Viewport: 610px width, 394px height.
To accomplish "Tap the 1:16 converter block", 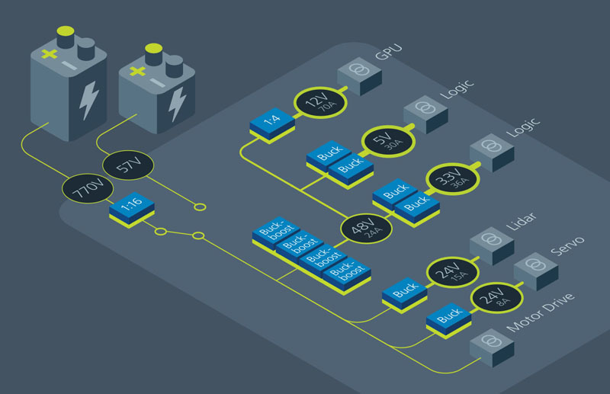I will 132,206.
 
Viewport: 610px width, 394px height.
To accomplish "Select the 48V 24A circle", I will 367,227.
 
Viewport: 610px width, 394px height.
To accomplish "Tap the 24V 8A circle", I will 496,297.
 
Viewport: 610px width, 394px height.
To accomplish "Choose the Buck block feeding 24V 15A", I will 405,292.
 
